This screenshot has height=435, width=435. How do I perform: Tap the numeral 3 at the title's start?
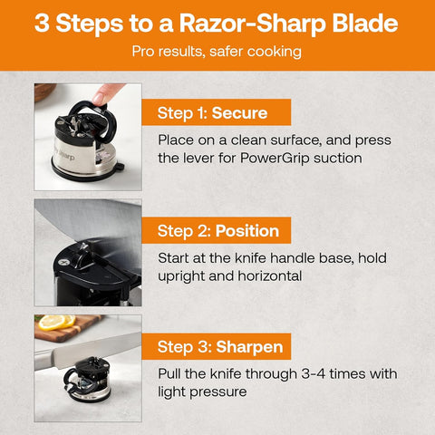pyautogui.click(x=43, y=23)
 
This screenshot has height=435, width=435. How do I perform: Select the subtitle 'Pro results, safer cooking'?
pyautogui.click(x=217, y=53)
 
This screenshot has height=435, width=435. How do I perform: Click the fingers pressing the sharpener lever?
pyautogui.click(x=108, y=92)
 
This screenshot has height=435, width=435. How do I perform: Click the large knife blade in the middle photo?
pyautogui.click(x=91, y=222)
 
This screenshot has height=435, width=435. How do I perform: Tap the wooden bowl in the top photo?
pyautogui.click(x=44, y=91)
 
